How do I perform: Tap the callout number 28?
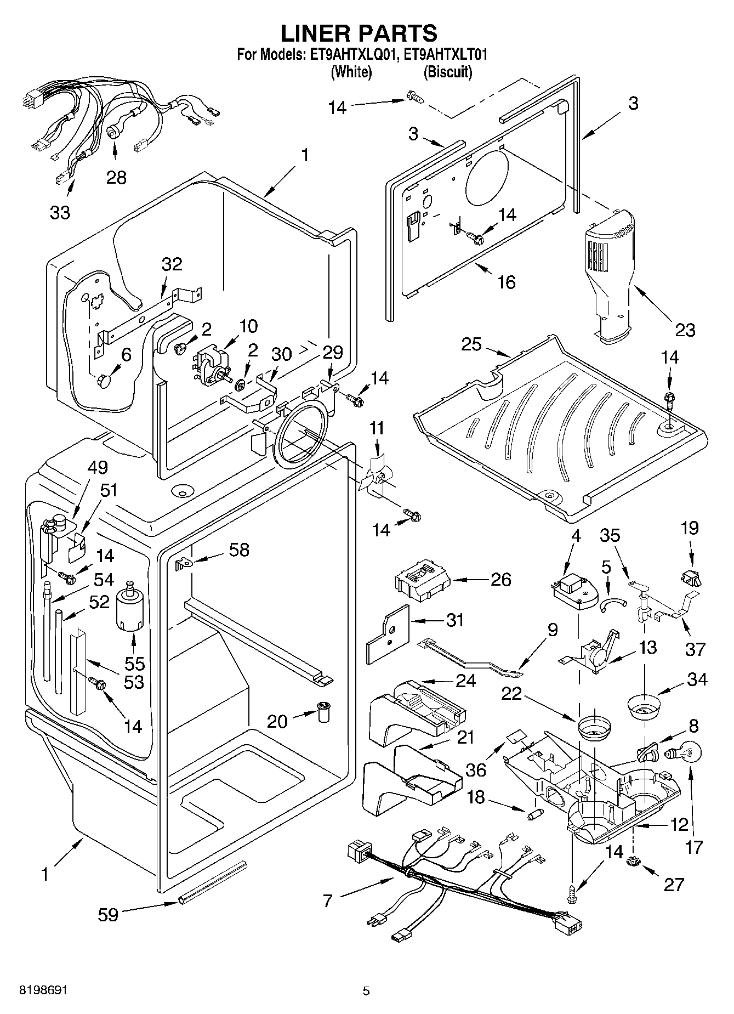tap(116, 177)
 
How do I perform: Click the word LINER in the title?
tap(316, 33)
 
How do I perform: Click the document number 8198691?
tap(43, 991)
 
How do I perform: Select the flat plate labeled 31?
tap(387, 635)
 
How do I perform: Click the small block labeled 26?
tap(422, 582)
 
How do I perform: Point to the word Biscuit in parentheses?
tap(448, 72)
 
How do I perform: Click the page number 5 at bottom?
tap(366, 991)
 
